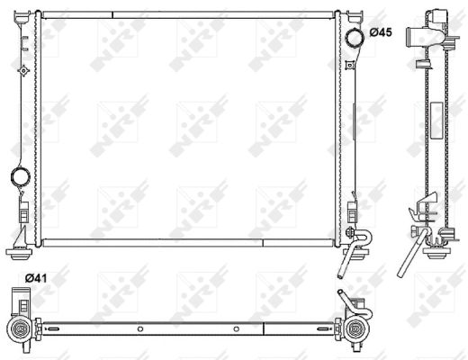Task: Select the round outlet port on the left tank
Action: [x=19, y=176]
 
